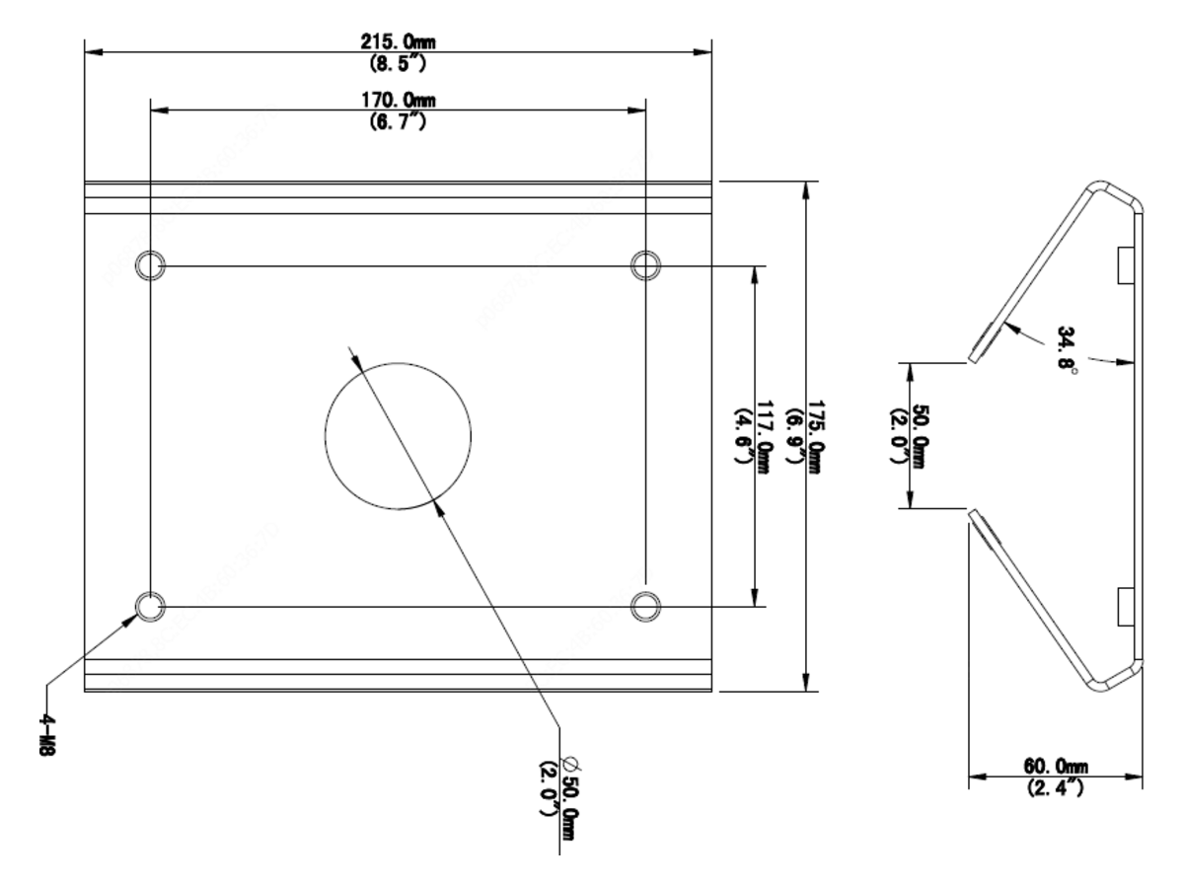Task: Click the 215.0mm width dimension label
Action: (398, 42)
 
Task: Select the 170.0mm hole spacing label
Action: (398, 101)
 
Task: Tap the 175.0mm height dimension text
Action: (815, 437)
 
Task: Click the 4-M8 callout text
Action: (47, 735)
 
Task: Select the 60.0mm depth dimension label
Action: (1056, 766)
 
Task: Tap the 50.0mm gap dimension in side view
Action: (920, 437)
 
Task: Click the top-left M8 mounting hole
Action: (150, 265)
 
